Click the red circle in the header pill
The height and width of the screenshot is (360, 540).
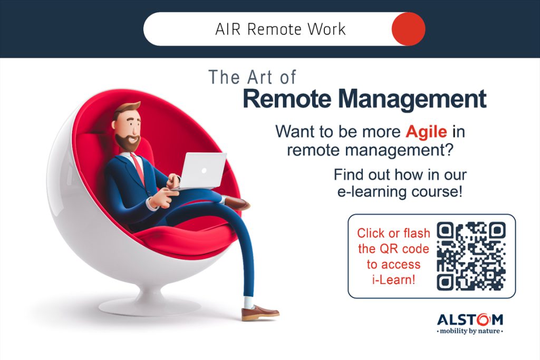[x=409, y=29]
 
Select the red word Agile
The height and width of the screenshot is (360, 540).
[x=426, y=132]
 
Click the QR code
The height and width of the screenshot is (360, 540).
[x=471, y=256]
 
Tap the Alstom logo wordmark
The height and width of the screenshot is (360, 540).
[x=470, y=320]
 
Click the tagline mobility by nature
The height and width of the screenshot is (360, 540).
[x=470, y=331]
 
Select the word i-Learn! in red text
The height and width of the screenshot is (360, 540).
[x=393, y=280]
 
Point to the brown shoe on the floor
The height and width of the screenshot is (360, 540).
[x=259, y=313]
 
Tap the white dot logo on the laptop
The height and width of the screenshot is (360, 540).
[x=204, y=171]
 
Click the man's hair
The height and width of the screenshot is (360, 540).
[x=126, y=109]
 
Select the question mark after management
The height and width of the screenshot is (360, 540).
[x=449, y=150]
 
